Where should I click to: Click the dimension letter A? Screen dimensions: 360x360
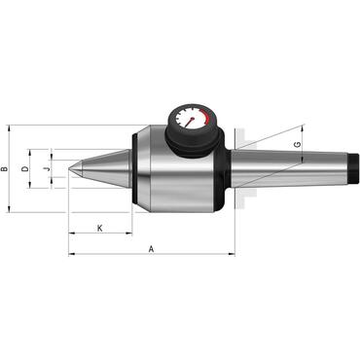coord(151,249)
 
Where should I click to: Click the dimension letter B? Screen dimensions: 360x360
coord(6,169)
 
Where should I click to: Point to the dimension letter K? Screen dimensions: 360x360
coord(101,228)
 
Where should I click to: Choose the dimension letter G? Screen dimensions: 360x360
coord(298,147)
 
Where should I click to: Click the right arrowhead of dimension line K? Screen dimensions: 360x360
coord(131,234)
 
